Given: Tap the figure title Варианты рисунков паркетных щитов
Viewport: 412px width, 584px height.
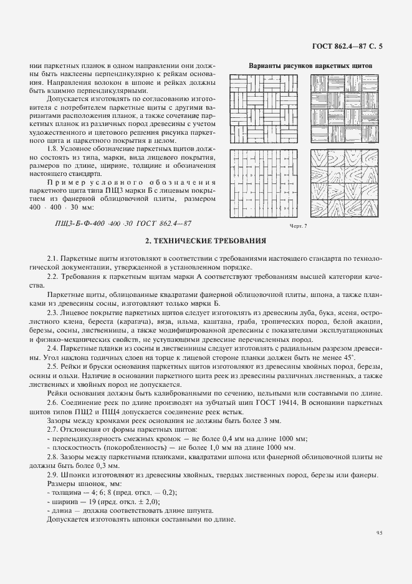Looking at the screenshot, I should [310, 65].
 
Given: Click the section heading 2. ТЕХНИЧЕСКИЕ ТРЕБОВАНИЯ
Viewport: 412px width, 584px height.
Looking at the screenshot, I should [206, 240].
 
